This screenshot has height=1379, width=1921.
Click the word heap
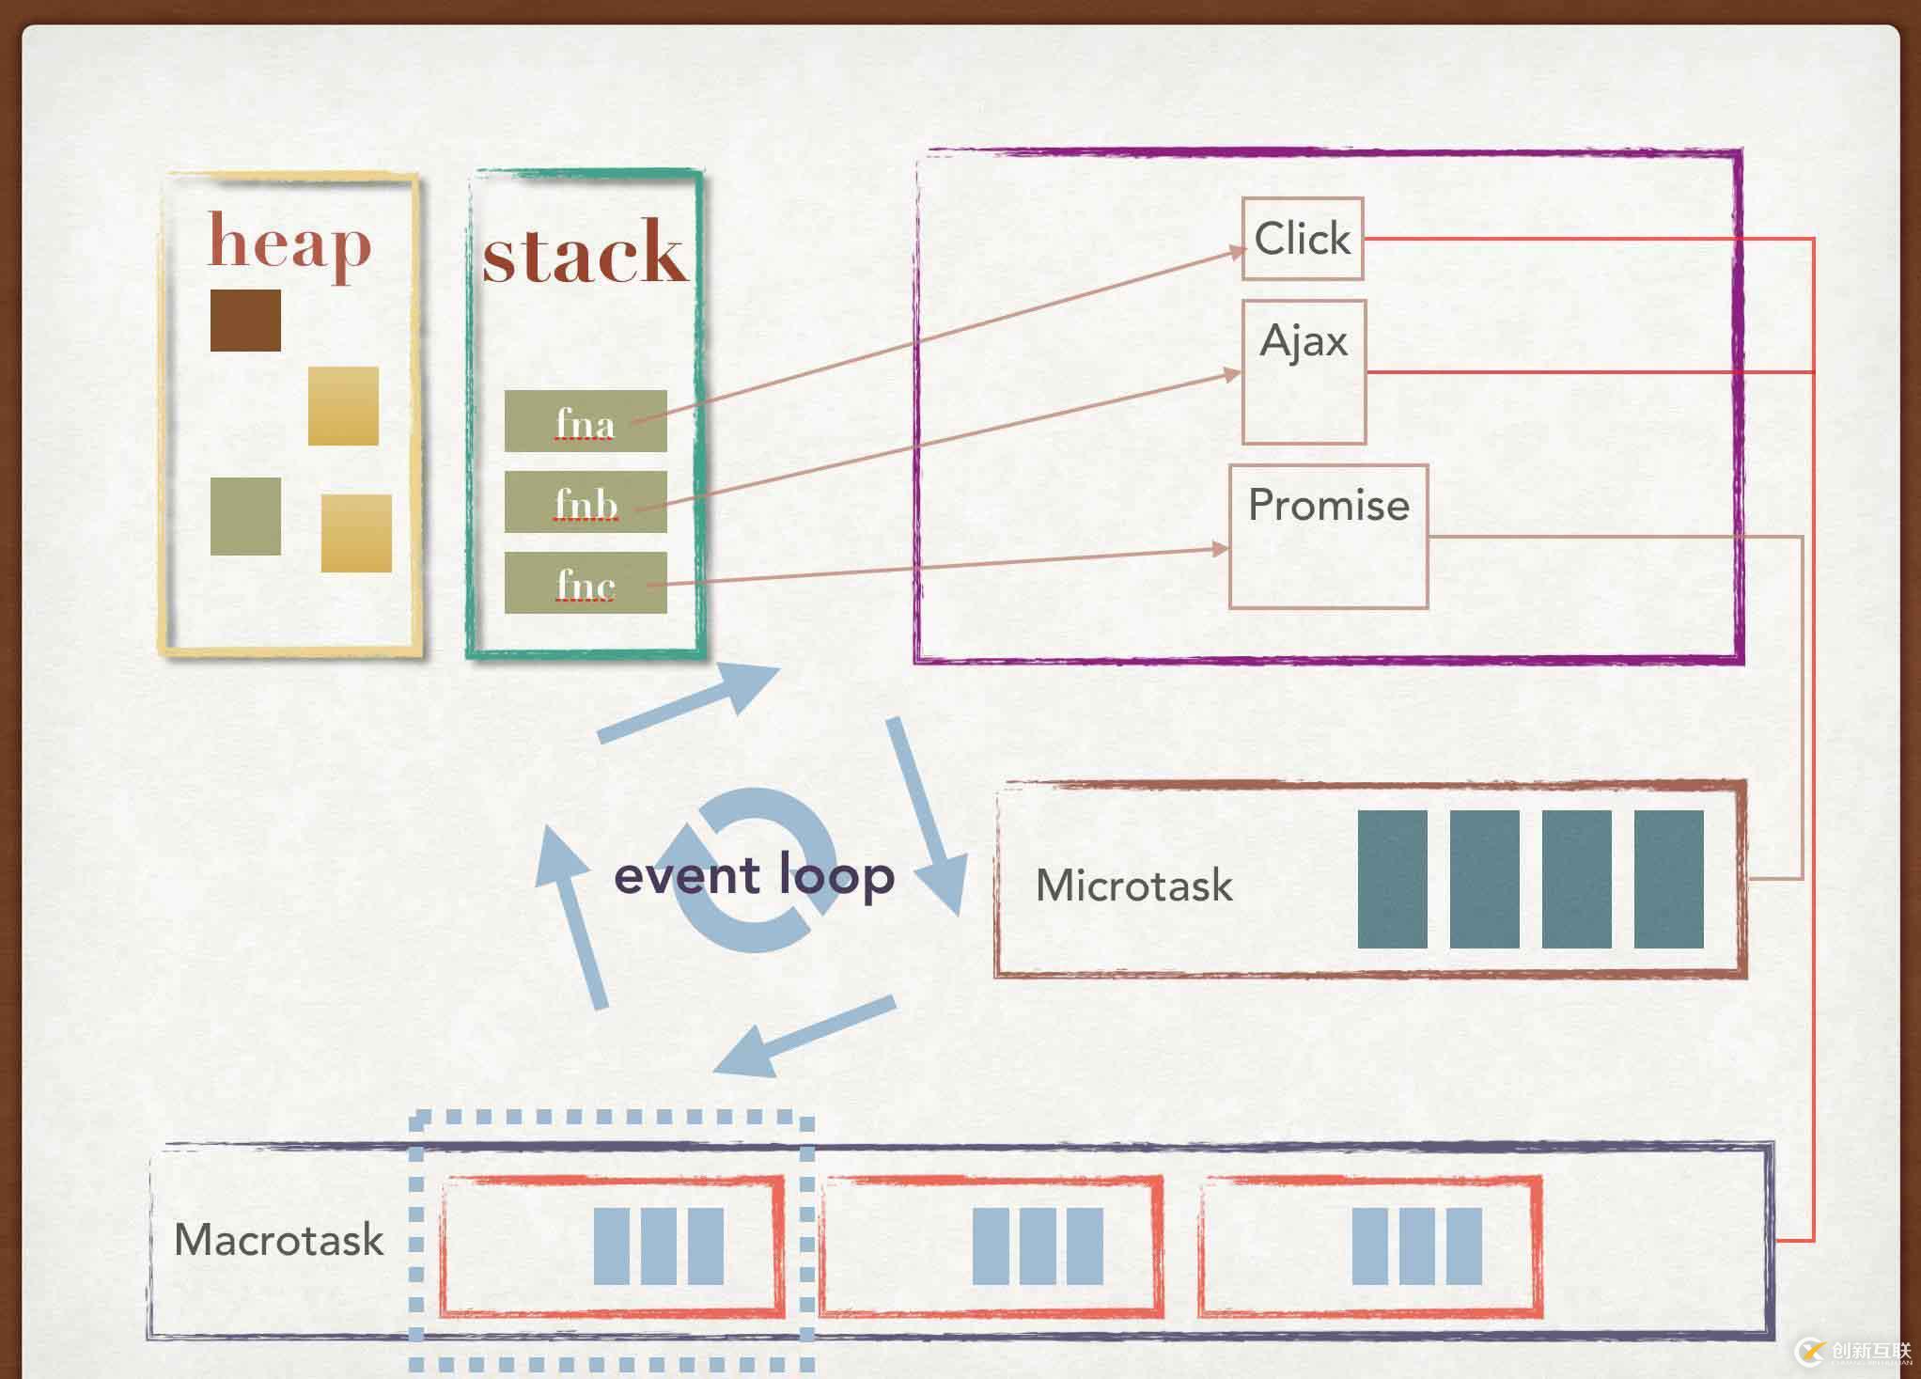pos(289,243)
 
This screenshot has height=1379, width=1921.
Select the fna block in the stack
pos(585,421)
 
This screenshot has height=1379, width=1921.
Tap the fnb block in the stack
pos(585,502)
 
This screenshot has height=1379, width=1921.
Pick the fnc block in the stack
pos(585,584)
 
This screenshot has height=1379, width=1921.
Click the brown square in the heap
pos(245,321)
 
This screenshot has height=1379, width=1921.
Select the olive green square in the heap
pos(245,516)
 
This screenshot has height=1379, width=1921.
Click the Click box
pos(1302,239)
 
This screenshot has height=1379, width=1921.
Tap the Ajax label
pos(1304,340)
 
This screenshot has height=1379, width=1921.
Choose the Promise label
pos(1328,506)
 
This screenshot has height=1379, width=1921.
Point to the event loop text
pos(754,875)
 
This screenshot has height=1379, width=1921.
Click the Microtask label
pos(1133,885)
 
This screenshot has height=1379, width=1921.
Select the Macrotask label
pos(279,1240)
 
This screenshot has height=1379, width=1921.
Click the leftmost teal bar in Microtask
pos(1392,879)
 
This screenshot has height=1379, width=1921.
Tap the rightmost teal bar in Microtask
pos(1668,879)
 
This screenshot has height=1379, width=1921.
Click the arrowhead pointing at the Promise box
pos(1220,549)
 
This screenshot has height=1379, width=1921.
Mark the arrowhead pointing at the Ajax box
pos(1232,375)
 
